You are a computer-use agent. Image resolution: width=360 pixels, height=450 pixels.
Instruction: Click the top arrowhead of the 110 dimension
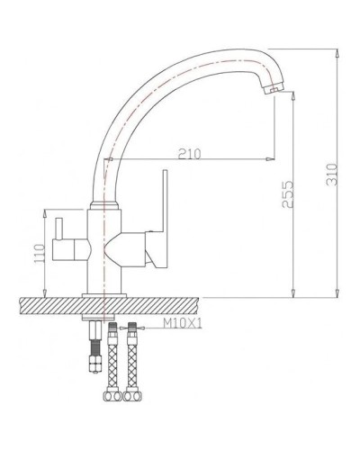43,212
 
